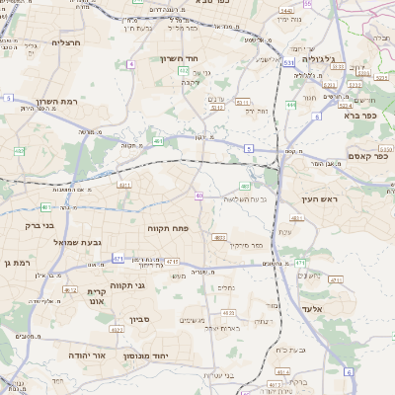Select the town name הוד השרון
181,58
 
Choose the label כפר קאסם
367,155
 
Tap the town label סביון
137,319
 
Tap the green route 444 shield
291,104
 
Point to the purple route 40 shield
199,196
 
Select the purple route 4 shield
130,63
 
